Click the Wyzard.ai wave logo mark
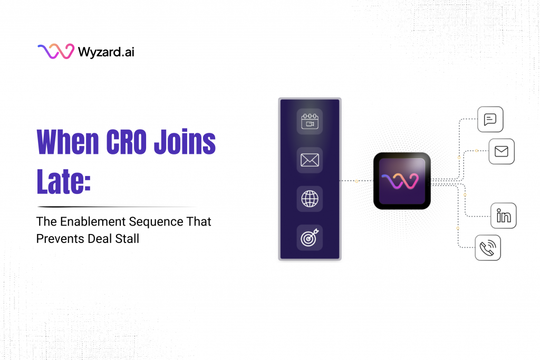[x=55, y=52]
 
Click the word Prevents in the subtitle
[x=60, y=238]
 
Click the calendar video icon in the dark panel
[x=310, y=121]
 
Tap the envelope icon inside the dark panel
[x=310, y=160]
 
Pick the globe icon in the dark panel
[x=310, y=199]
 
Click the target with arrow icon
[x=310, y=238]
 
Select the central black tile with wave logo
[x=402, y=181]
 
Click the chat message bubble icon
[x=490, y=119]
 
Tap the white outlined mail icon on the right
[x=501, y=152]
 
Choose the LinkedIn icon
[x=503, y=216]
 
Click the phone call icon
[x=488, y=247]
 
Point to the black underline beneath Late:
[x=116, y=207]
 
